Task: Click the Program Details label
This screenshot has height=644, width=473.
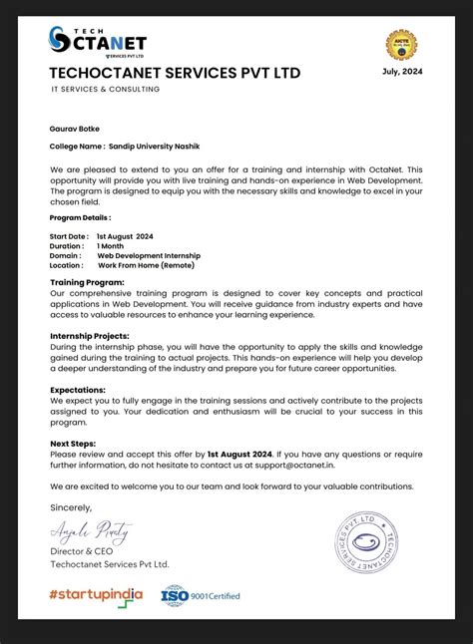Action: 80,216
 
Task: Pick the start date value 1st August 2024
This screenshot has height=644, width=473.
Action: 126,236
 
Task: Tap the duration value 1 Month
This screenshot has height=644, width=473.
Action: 111,245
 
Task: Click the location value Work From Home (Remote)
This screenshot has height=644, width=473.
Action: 146,265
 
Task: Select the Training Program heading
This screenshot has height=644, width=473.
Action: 87,283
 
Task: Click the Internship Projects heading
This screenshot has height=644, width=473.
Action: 90,336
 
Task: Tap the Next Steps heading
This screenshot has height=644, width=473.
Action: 74,442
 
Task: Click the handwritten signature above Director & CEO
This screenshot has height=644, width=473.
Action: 90,530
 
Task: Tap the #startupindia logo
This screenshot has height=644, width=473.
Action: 96,594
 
